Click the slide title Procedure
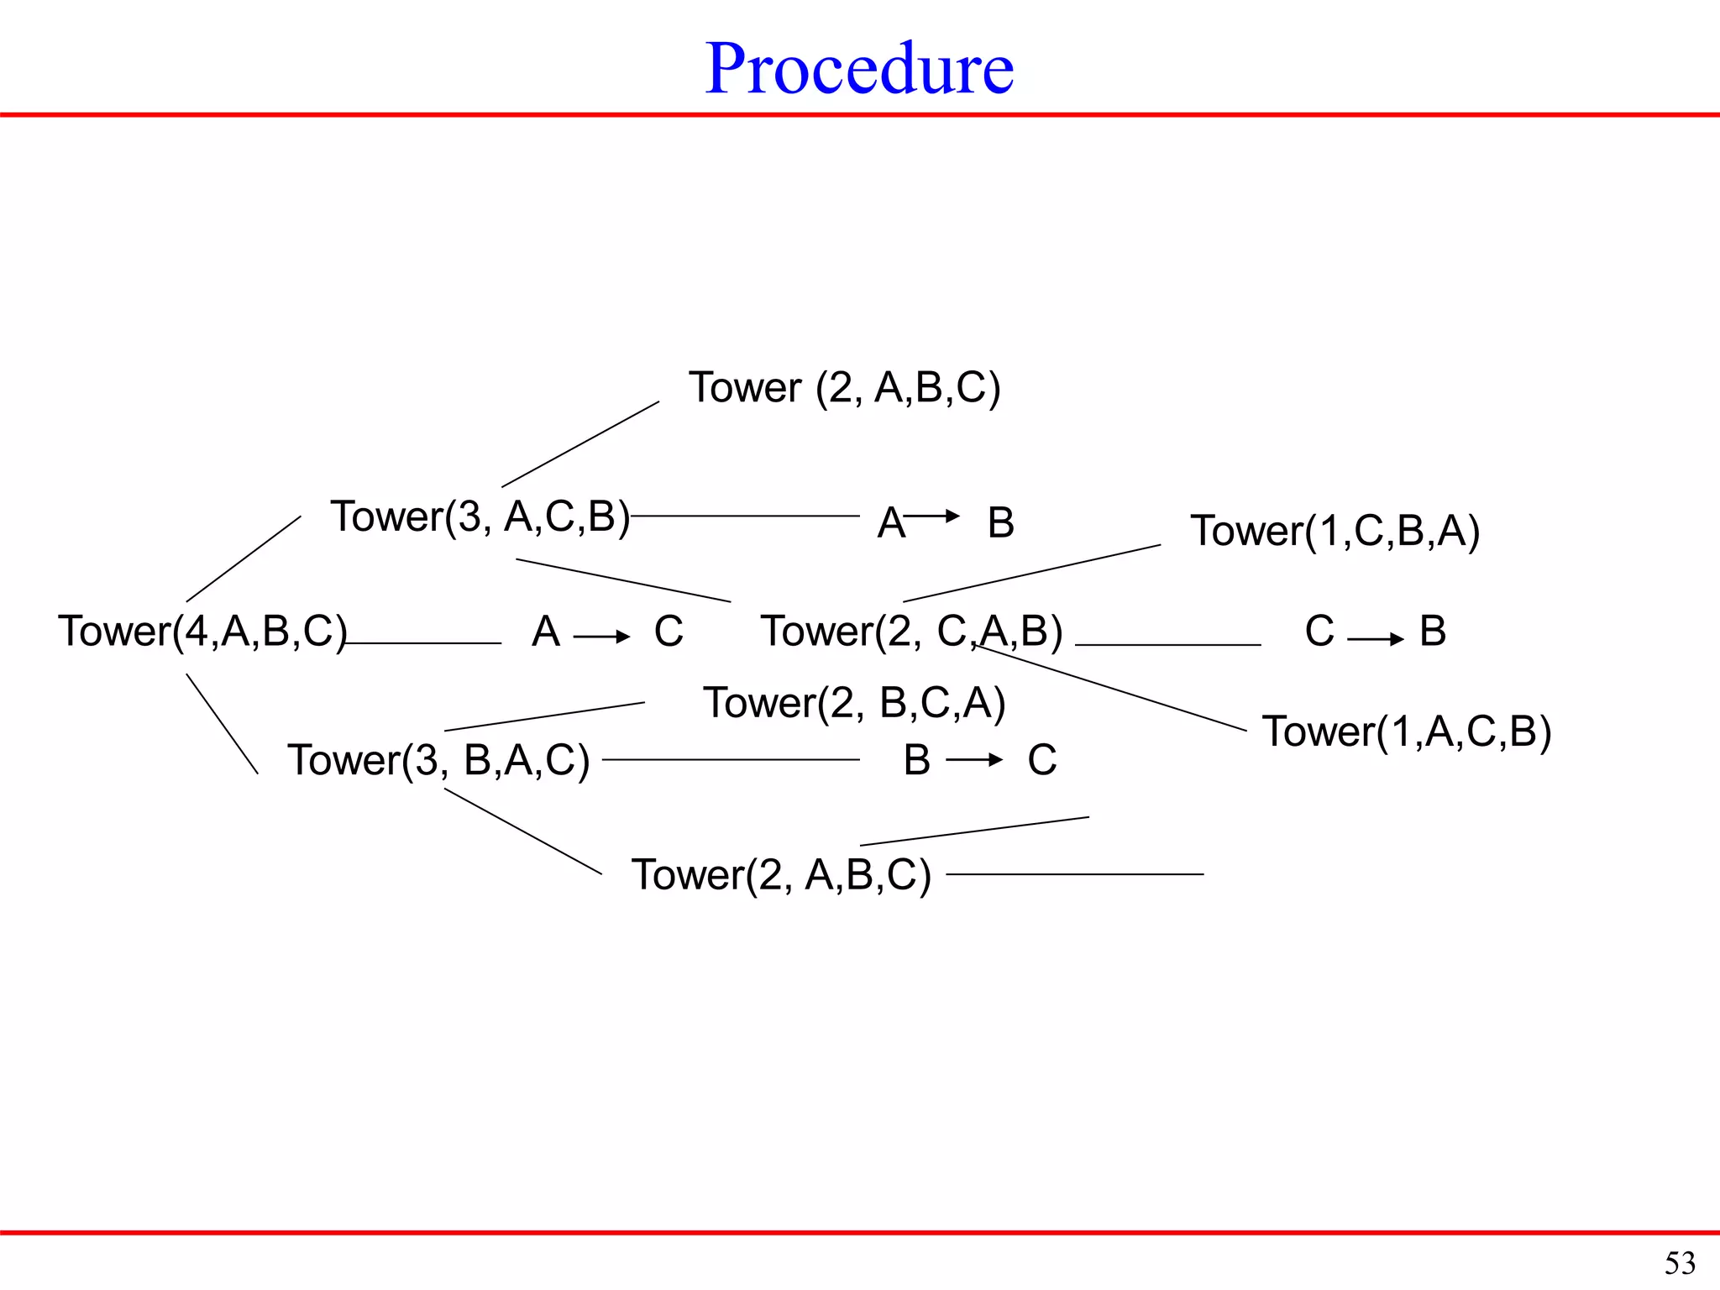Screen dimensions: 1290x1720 (859, 69)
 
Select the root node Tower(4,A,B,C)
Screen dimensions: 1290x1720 (202, 632)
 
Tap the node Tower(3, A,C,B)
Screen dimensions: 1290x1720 (480, 517)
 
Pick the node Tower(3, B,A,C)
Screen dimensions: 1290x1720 (438, 760)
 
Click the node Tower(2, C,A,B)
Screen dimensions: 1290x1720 (911, 632)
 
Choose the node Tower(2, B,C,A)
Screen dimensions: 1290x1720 (854, 703)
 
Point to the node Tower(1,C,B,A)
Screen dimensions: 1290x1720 (1335, 532)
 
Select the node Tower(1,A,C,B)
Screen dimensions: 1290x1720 (1407, 732)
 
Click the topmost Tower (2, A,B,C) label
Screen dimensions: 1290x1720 (844, 388)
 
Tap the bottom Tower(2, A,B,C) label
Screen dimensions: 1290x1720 (781, 875)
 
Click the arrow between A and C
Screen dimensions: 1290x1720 (601, 637)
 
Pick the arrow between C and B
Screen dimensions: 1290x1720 (1376, 640)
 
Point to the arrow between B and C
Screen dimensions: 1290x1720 (974, 760)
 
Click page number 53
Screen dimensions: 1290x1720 (1680, 1263)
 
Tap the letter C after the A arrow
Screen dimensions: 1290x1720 (669, 632)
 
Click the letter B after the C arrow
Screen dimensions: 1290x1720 (1433, 632)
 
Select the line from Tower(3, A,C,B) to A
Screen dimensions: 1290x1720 (746, 517)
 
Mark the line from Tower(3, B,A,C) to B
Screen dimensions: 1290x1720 (731, 759)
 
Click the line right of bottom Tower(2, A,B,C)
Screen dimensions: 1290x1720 (1075, 874)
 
